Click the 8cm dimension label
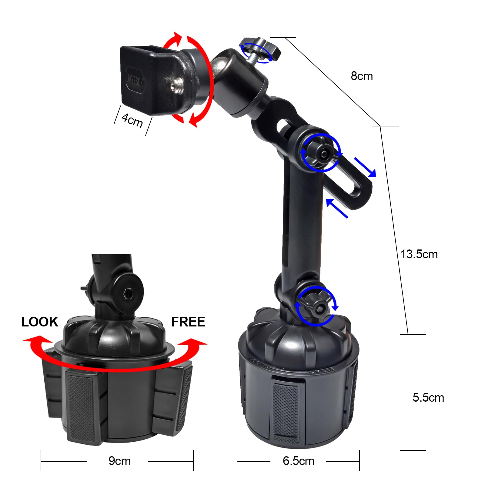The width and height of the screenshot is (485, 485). [362, 76]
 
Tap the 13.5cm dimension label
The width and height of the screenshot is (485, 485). [419, 254]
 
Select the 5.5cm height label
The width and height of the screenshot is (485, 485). [428, 397]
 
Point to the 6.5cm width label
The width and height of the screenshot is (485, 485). [298, 461]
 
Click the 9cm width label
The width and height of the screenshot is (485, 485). [119, 461]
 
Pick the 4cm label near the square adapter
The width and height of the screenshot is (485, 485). [132, 120]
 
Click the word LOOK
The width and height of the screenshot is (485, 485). [39, 322]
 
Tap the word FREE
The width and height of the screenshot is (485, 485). [188, 322]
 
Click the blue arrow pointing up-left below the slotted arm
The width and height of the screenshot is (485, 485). [336, 208]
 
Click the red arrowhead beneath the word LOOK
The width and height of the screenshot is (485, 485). [34, 340]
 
